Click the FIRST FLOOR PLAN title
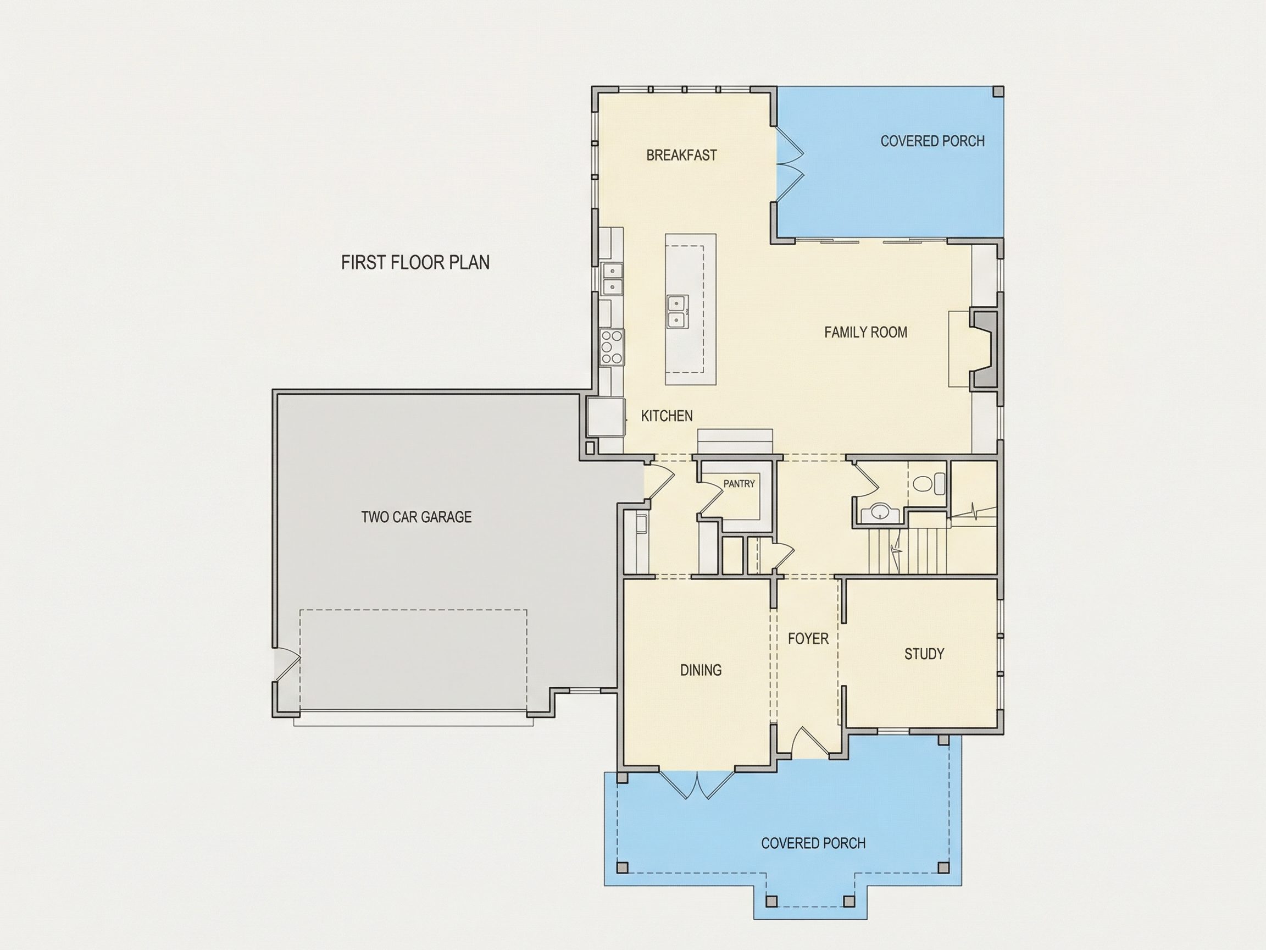tap(415, 262)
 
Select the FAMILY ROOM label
tap(865, 332)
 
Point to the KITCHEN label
tap(667, 416)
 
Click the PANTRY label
tap(739, 484)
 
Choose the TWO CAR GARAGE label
tap(416, 517)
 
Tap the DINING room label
tap(701, 670)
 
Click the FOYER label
tap(808, 638)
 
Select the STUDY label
tap(924, 654)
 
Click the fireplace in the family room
tap(983, 350)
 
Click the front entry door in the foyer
tap(809, 743)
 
